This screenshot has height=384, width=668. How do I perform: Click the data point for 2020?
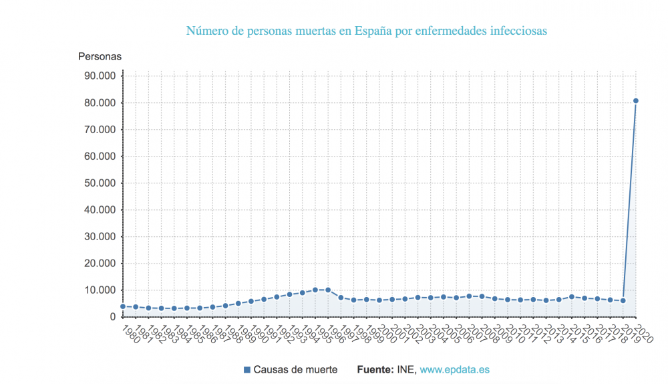pos(636,101)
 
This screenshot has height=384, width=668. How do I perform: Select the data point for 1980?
pos(123,306)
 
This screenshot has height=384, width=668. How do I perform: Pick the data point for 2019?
pos(623,300)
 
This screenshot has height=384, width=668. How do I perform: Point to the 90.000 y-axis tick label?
pos(98,76)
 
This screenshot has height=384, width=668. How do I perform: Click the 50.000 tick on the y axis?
pos(98,183)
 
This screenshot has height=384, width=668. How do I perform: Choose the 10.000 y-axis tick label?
pos(98,290)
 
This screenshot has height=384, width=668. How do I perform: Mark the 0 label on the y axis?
pos(113,316)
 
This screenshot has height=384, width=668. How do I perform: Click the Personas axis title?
pos(100,56)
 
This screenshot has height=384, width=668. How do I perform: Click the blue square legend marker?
pos(247,369)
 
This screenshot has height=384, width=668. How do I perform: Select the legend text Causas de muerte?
pos(295,369)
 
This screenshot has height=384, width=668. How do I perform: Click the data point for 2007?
pos(469,296)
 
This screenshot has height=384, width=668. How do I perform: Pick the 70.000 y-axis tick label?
pos(98,129)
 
